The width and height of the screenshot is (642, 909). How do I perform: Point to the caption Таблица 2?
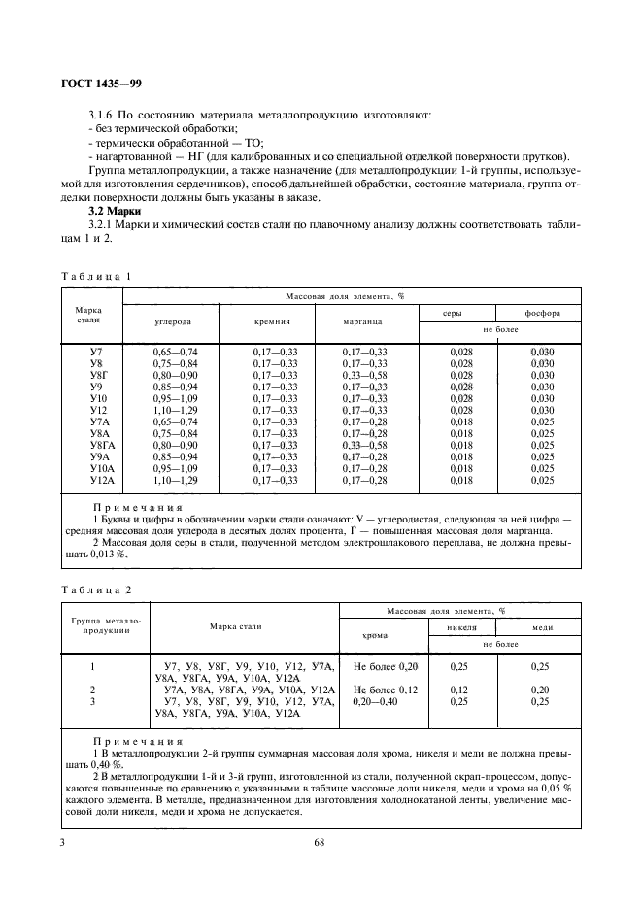(95, 589)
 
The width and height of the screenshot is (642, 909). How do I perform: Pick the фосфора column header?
(540, 313)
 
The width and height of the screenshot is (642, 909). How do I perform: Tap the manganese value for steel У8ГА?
(365, 445)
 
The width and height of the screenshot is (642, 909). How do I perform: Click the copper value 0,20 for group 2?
(540, 690)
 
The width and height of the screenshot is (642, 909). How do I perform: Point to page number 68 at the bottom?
(319, 842)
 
